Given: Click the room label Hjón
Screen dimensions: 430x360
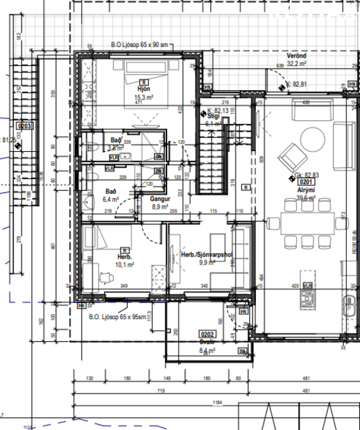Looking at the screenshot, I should point(125,89).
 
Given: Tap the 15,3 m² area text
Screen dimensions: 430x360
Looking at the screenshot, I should point(125,98).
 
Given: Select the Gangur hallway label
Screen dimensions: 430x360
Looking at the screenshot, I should point(160,198).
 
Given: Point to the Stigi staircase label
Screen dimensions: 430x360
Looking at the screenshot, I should point(213,117).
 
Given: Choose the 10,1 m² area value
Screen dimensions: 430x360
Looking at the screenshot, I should point(124,264).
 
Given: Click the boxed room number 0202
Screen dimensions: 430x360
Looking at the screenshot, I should point(207,334).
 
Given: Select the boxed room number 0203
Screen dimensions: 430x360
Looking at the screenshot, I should point(24,126).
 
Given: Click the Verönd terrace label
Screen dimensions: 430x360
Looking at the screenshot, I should point(297,55).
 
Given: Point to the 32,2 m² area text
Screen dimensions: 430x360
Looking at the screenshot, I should point(297,63).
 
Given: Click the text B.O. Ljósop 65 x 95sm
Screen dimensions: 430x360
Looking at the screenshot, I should point(119,317).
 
